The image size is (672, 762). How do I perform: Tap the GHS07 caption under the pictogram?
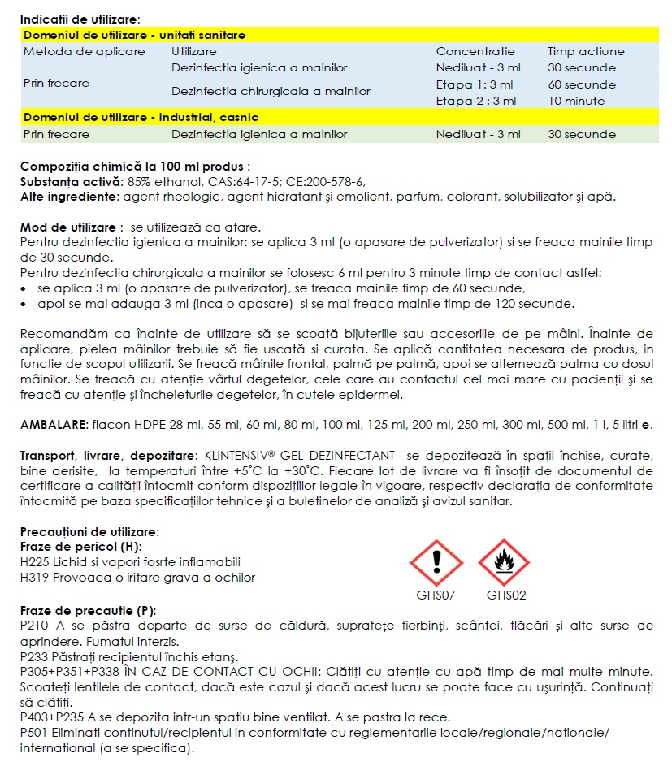point(436,595)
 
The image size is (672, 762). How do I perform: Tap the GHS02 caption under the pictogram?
point(506,595)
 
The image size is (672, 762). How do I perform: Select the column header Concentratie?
point(475,51)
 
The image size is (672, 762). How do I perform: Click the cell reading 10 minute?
point(576,101)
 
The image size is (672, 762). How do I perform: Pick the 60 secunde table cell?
point(581,84)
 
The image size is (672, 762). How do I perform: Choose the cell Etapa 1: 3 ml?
point(475,84)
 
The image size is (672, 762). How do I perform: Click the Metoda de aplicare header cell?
point(85,51)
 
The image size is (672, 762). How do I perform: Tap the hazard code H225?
point(35,561)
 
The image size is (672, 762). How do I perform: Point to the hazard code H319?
point(35,578)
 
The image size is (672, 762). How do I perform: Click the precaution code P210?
point(34,626)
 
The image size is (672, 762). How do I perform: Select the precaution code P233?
point(34,656)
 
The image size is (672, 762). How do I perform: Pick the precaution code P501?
point(34,733)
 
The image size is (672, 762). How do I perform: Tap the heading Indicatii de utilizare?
point(80,19)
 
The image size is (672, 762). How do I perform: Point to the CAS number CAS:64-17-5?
point(230,180)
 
